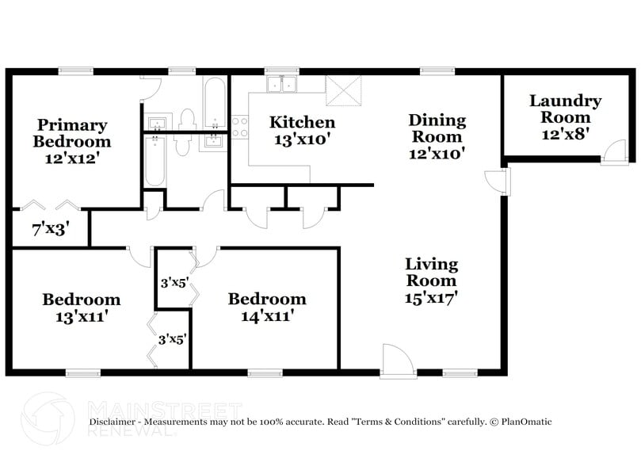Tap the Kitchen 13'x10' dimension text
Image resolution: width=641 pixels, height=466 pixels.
coord(302,139)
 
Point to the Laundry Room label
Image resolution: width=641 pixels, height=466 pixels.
coord(565,109)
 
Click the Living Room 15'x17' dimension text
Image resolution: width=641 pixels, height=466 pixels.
coord(431,297)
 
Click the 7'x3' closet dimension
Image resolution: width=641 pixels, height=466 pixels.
coord(44,231)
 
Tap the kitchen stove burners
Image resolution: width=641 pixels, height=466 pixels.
coord(239,128)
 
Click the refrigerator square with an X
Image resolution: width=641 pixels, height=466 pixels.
coord(343,91)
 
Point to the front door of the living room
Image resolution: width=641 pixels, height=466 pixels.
coord(397,361)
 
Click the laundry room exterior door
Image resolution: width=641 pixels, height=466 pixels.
coord(615,152)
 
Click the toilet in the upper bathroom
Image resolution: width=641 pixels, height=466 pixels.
coord(187,119)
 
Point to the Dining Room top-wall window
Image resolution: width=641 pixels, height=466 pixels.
coord(437,71)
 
